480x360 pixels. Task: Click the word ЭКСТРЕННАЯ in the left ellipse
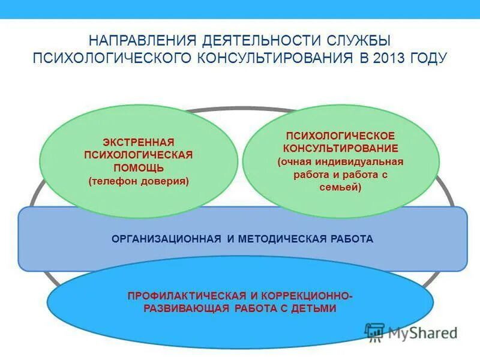138,142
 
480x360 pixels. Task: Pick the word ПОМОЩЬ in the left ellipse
138,167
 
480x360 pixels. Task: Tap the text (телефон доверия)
138,181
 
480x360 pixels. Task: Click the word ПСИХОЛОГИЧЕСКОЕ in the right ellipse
340,136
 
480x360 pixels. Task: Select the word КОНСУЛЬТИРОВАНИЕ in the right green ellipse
340,149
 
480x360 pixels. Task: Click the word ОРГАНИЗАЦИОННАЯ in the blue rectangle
166,239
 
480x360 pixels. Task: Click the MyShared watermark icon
374,332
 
